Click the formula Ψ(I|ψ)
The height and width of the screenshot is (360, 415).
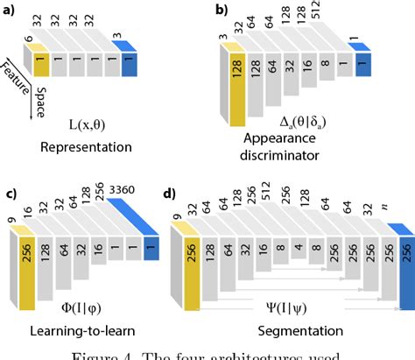pyautogui.click(x=288, y=309)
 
